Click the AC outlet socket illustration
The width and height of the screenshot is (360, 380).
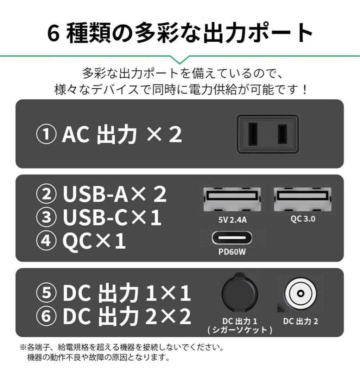268,134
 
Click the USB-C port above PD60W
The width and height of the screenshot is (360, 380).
232,238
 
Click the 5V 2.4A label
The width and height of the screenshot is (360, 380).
232,220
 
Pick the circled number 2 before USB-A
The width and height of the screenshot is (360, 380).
46,195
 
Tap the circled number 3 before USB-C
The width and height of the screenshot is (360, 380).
46,218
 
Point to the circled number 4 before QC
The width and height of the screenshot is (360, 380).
46,242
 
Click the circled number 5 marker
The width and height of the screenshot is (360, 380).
46,293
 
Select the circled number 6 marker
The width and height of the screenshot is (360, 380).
46,316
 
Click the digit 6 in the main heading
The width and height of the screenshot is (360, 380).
53,34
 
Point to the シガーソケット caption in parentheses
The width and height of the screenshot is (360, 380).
240,330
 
